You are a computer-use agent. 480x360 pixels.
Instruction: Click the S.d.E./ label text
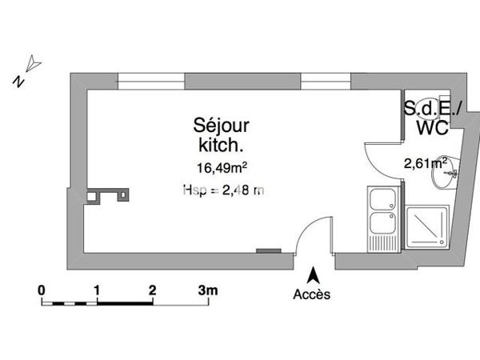430,108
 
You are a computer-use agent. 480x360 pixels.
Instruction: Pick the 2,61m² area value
426,163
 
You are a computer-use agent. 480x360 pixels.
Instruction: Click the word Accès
311,294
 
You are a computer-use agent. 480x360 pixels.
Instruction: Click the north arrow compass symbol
31,63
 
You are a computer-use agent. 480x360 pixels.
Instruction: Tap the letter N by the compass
17,79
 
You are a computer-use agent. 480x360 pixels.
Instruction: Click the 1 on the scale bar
96,289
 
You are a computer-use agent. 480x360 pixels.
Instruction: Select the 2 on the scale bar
151,289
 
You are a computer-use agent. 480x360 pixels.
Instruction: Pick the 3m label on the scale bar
208,289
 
